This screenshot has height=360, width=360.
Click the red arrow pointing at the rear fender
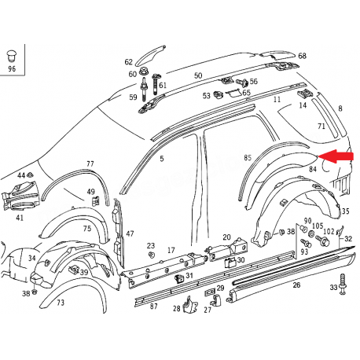click(x=336, y=156)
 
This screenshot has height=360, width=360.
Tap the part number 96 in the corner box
click(x=12, y=68)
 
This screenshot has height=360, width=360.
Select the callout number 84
click(x=313, y=169)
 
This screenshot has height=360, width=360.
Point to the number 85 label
click(x=248, y=157)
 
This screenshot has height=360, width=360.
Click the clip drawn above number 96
click(x=12, y=56)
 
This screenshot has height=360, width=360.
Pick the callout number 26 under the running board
click(x=296, y=285)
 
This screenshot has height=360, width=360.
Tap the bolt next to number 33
click(x=342, y=285)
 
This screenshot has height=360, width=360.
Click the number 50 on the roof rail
click(x=198, y=75)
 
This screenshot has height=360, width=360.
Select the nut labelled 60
click(x=143, y=72)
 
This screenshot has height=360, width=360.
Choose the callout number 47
click(x=130, y=233)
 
